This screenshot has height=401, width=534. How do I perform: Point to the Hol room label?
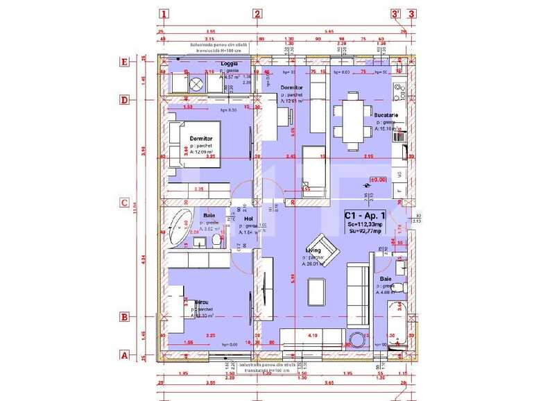[248, 219]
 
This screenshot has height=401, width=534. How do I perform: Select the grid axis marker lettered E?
[125, 62]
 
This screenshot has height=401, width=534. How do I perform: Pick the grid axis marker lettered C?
[125, 203]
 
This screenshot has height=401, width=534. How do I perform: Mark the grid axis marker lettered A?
[125, 355]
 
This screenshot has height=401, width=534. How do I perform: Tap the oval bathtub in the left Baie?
[179, 227]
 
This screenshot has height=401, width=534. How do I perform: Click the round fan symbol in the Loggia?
[196, 84]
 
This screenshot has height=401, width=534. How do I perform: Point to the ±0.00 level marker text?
[378, 178]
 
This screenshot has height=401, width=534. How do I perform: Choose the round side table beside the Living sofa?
[359, 340]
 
